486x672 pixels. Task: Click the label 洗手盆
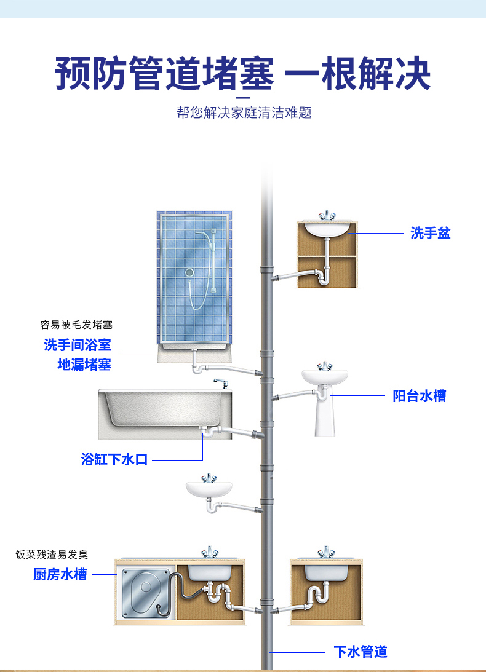[431, 233]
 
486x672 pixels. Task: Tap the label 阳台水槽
[420, 396]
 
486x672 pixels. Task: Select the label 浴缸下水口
[115, 459]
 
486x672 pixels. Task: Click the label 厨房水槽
[60, 574]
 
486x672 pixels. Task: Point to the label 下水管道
[361, 652]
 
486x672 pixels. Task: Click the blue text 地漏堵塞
[84, 364]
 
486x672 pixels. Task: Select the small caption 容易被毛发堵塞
[76, 325]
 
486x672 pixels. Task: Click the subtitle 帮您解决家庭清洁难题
[244, 113]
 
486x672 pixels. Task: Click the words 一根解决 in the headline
[358, 74]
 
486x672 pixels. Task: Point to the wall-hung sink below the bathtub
[209, 489]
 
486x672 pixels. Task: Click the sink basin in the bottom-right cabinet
[324, 572]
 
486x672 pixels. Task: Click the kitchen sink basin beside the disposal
[209, 572]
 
